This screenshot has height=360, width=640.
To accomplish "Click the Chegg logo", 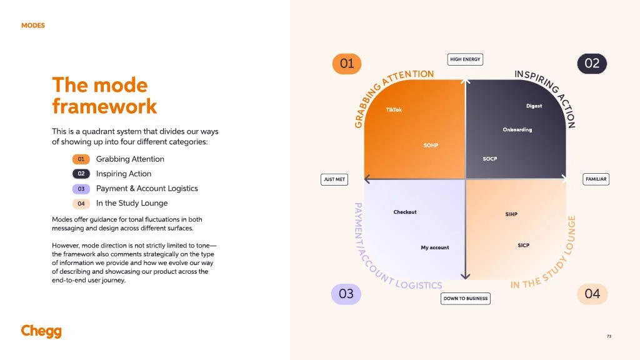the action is (x=41, y=331).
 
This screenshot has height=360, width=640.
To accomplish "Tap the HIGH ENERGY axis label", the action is (x=465, y=59).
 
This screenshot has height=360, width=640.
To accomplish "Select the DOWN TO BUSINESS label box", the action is (x=465, y=299).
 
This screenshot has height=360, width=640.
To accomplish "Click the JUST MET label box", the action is (x=334, y=179).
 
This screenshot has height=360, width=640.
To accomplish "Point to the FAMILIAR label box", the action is (x=596, y=179).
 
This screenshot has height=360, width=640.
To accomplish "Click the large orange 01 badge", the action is (x=346, y=63).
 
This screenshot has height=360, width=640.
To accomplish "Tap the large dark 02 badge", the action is (x=591, y=63).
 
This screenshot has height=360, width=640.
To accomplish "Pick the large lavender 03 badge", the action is (x=346, y=294).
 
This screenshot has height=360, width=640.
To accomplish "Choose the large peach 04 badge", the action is (x=591, y=294).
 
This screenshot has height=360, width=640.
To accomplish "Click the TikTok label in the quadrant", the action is (x=394, y=110).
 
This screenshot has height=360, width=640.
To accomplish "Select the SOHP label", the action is (x=431, y=146).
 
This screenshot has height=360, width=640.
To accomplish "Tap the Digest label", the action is (x=534, y=106).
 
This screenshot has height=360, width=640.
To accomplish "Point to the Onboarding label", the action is (x=517, y=130).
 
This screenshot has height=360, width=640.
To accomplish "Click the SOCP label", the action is (x=490, y=159).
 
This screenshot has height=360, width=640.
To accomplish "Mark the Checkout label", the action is (x=405, y=212).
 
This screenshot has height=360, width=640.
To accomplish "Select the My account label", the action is (x=435, y=247).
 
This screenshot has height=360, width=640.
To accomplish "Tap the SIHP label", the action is (x=511, y=214).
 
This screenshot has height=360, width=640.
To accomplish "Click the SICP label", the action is (x=524, y=245).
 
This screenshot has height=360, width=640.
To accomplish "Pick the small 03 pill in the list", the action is (x=81, y=189).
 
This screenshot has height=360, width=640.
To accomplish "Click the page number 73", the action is (x=609, y=336).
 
